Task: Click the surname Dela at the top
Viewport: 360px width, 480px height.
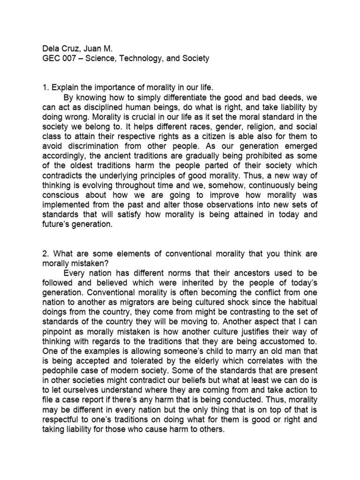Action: tap(51, 48)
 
